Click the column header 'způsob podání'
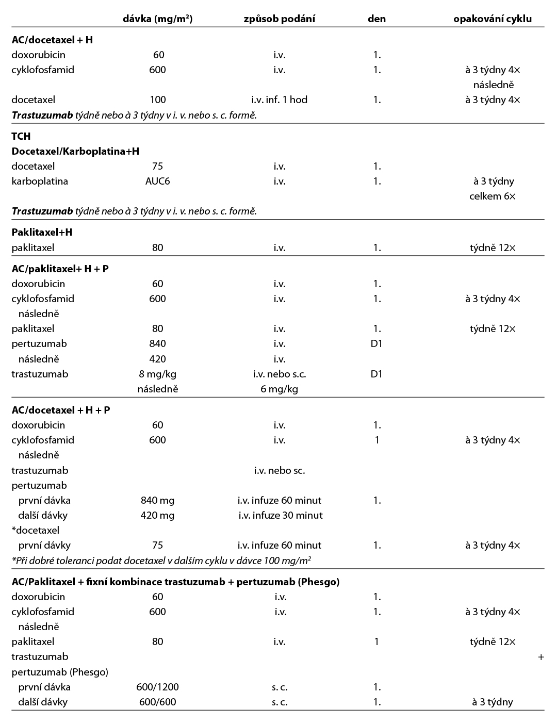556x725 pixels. pos(279,19)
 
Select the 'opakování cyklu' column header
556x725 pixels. pos(492,19)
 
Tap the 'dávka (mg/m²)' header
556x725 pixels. pos(158,19)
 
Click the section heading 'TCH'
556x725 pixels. pos(21,136)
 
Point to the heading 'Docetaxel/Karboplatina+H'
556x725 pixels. pos(75,151)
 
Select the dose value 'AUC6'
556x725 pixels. pos(157,181)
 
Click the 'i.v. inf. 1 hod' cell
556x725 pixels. pos(279,100)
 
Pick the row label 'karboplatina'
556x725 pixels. pos(40,181)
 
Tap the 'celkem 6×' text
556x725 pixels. pos(493,196)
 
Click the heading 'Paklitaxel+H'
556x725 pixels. pos(42,232)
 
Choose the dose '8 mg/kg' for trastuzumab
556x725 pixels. pos(157,374)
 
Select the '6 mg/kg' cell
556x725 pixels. pos(279,389)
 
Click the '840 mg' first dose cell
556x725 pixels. pos(157,500)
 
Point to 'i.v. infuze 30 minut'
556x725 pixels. pos(280,515)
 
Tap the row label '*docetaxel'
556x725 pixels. pos(36,530)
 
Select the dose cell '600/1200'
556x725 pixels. pos(157,687)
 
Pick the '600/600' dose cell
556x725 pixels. pos(157,702)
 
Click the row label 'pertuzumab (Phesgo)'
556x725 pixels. pos(60,672)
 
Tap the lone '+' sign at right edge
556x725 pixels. pos(541,657)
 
